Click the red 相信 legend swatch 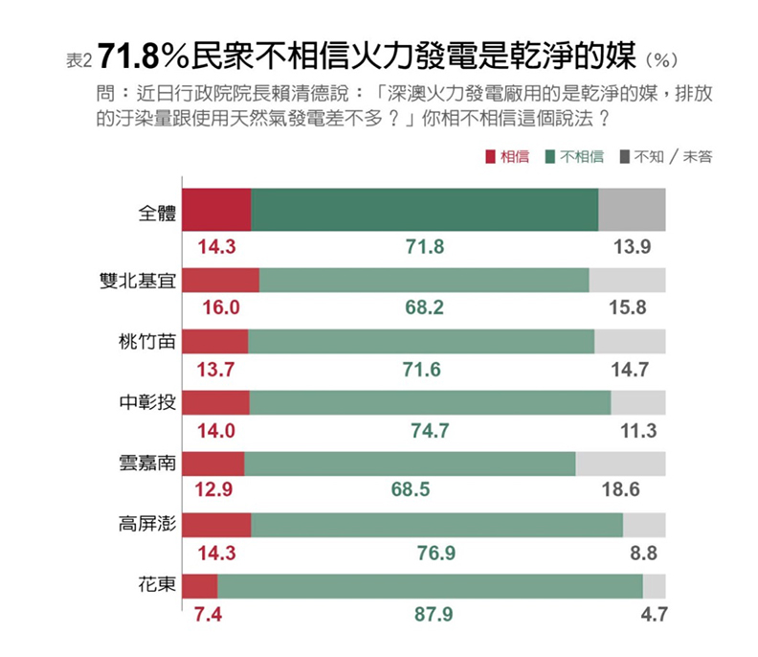(492, 156)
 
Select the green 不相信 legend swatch (553, 156)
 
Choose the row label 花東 (157, 585)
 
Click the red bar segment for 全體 (216, 210)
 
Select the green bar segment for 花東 (430, 586)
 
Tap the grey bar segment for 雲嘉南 (620, 464)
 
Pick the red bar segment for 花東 (199, 586)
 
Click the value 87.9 (434, 614)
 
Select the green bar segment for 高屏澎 (436, 525)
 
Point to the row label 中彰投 (141, 402)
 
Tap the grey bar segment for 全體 (632, 210)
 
